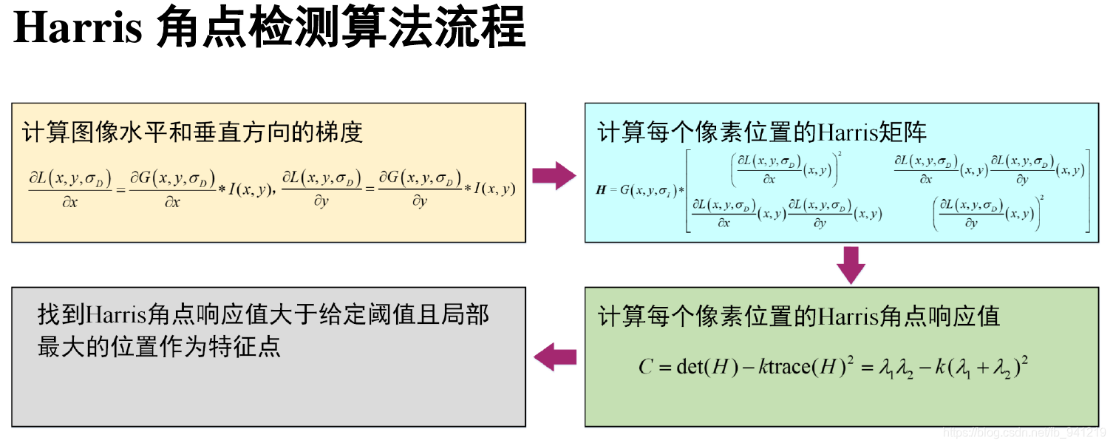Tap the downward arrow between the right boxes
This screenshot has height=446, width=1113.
(x=851, y=265)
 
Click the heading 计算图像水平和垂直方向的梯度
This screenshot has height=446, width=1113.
(x=192, y=132)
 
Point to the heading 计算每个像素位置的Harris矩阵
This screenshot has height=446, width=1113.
(x=762, y=132)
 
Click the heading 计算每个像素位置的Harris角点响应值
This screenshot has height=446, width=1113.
(x=798, y=317)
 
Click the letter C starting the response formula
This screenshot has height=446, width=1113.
(x=645, y=367)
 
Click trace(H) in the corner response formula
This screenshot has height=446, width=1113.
(x=808, y=367)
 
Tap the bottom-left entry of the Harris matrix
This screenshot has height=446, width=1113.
(x=787, y=213)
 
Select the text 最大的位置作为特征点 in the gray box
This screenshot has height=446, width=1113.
(x=159, y=346)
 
